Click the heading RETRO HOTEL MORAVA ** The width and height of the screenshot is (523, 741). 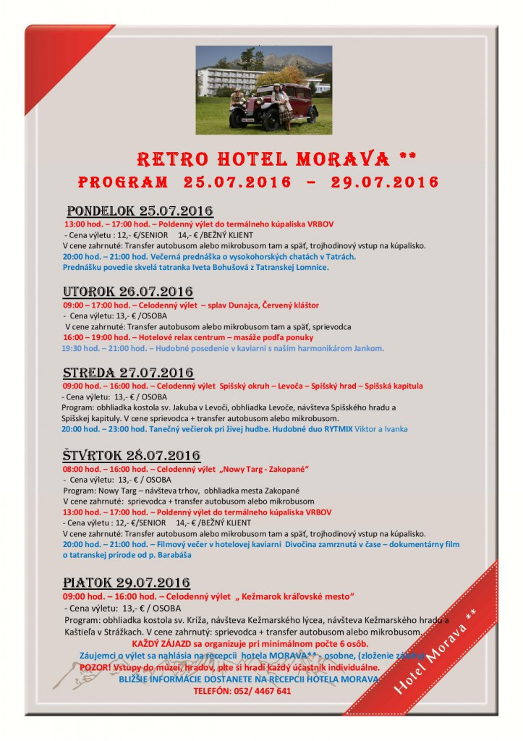(276, 158)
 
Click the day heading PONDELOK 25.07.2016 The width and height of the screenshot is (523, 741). (140, 211)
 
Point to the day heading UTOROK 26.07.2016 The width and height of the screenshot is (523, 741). (128, 292)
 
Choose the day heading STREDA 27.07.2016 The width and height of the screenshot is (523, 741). (128, 373)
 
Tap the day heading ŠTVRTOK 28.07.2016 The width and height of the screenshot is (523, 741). (132, 455)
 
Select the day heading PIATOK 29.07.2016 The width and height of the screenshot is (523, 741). (127, 583)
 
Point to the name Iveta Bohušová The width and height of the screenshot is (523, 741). (210, 267)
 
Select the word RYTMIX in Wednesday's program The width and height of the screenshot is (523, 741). (334, 429)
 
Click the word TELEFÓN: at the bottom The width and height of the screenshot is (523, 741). (213, 690)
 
